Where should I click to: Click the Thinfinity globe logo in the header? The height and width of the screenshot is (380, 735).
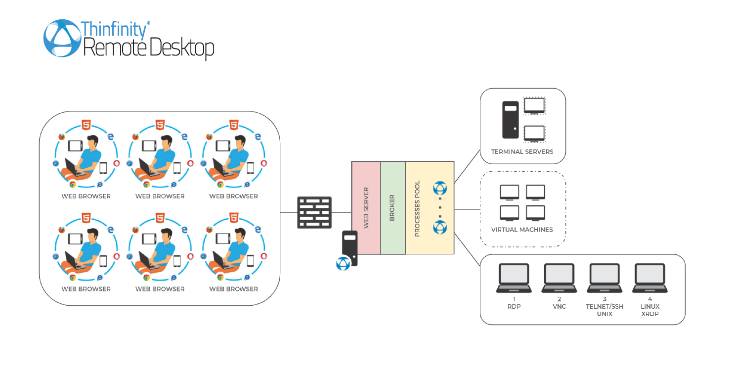click(x=62, y=38)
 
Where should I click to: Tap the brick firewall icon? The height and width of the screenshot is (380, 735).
click(x=314, y=212)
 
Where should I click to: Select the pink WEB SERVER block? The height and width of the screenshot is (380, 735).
click(x=366, y=208)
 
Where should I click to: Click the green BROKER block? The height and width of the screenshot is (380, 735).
click(x=392, y=208)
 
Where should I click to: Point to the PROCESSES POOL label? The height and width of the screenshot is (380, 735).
click(x=417, y=208)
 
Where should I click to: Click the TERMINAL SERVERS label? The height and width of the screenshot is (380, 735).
click(x=522, y=152)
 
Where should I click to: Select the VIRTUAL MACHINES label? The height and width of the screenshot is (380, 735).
click(x=522, y=230)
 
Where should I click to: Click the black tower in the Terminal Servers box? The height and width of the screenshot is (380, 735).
click(x=511, y=120)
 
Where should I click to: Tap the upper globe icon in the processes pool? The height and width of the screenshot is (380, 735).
click(x=439, y=189)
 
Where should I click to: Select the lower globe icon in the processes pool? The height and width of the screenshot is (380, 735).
click(x=439, y=228)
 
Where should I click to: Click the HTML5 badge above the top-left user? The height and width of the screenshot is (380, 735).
click(x=86, y=125)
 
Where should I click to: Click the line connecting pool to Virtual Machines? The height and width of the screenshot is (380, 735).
click(x=467, y=209)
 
